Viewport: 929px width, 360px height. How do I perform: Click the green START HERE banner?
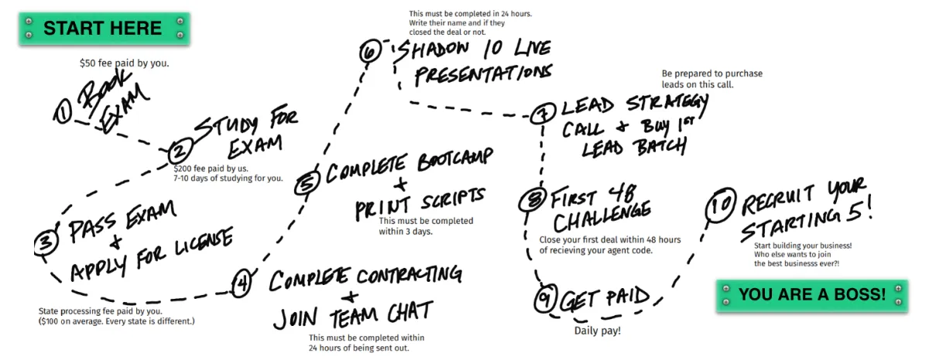coord(104,28)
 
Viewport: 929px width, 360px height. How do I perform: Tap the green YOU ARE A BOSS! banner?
coord(811,295)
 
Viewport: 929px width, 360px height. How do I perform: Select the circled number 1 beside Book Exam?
coord(63,112)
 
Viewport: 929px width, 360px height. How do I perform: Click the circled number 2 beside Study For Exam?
coord(180,152)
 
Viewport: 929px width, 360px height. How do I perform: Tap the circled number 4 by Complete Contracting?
coord(242,283)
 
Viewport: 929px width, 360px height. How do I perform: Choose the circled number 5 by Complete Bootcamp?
coord(307,182)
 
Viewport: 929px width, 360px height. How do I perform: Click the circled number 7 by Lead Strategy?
coord(543,113)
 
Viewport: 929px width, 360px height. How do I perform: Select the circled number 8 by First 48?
coord(531,200)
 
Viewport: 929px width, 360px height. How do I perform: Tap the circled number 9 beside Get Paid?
coord(546,298)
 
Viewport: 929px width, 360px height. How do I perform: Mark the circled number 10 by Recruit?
coord(721,205)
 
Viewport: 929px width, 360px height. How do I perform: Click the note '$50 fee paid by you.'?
coord(125,63)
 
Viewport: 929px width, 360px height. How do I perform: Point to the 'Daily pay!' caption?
coord(598,331)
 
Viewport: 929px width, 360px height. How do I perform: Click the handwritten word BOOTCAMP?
coord(455,159)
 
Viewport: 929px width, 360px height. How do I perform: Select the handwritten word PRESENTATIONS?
coord(484,76)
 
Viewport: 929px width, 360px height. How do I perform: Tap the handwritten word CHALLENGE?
coord(602,217)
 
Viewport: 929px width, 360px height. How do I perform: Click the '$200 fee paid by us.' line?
coord(211,169)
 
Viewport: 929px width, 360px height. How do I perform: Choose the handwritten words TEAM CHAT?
coord(382,314)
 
